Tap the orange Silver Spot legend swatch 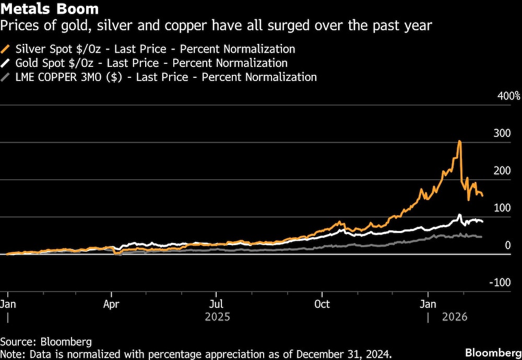6,49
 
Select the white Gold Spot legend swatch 6,63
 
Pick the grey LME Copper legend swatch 6,77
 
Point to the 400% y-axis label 508,96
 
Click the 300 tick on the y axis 502,133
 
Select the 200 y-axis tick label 502,170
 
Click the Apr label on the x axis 111,304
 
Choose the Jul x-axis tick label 216,304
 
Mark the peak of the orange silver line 459,141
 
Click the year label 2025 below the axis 217,317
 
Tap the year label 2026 455,317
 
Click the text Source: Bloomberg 46,342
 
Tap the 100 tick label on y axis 502,207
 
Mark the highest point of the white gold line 459,215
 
